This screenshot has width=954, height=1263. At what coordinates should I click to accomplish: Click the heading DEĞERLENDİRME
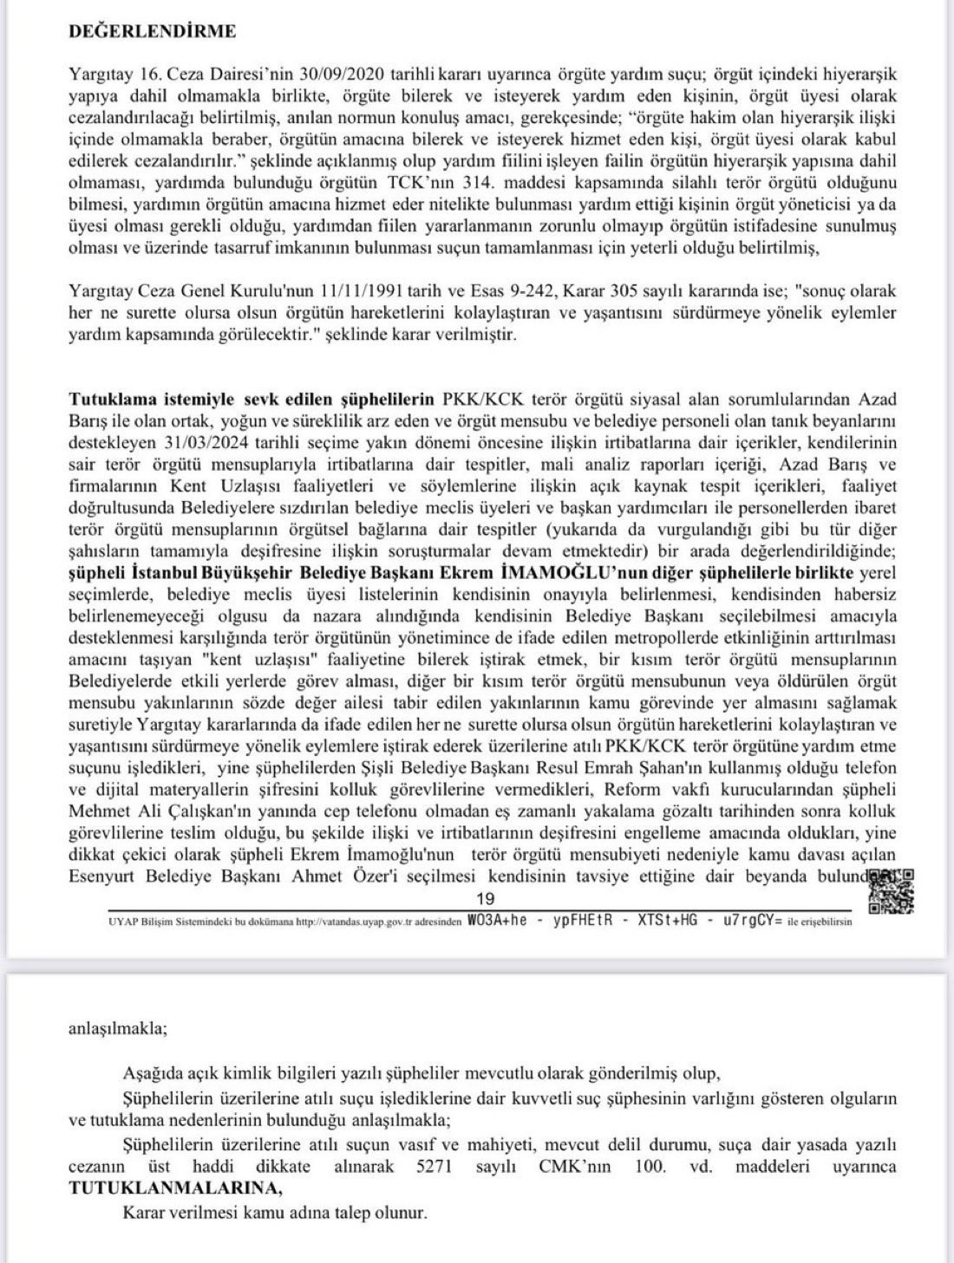(152, 31)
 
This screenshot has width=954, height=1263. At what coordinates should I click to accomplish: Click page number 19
(485, 899)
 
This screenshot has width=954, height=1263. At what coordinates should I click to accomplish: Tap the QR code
(891, 892)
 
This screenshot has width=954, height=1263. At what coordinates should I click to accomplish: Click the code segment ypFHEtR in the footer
(578, 921)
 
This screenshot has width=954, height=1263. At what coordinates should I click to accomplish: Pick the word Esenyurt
(99, 876)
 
